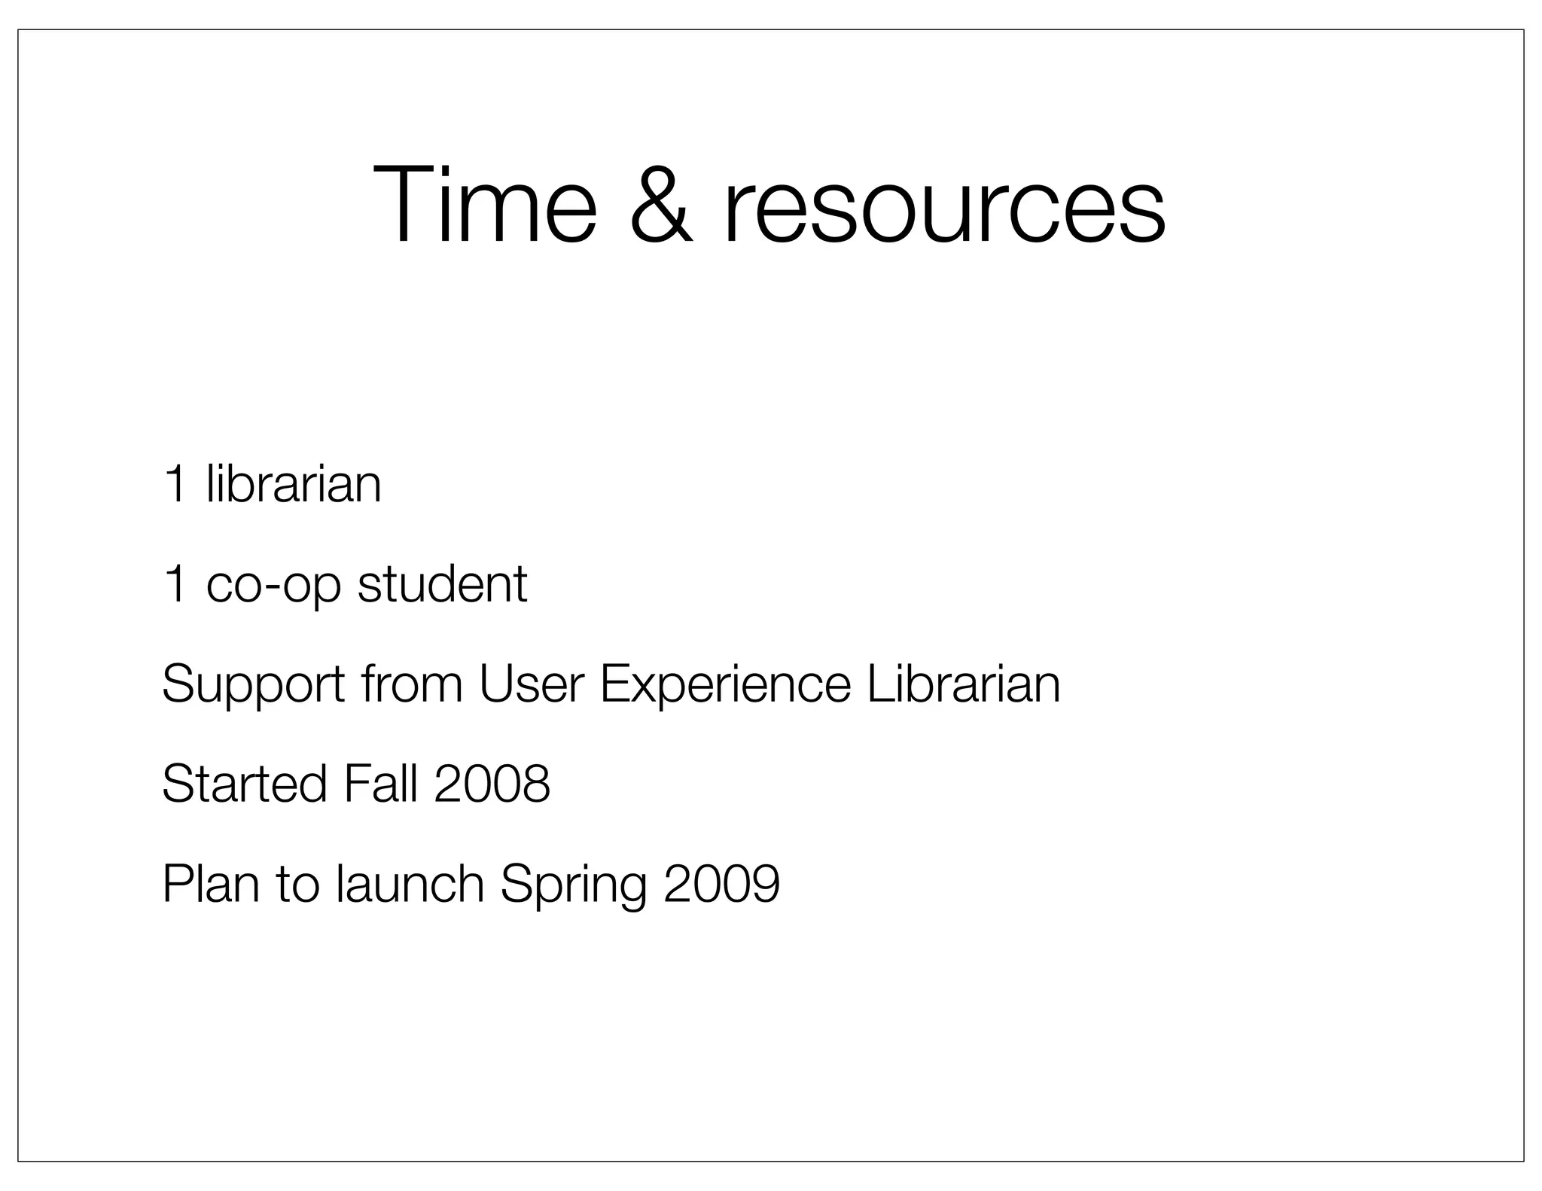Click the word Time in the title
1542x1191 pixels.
(x=484, y=205)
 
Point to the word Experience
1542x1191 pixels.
(x=725, y=685)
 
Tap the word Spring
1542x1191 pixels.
(x=573, y=885)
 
